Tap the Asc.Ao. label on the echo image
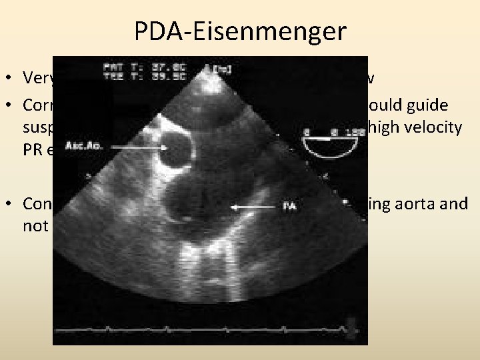(x=82, y=145)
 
